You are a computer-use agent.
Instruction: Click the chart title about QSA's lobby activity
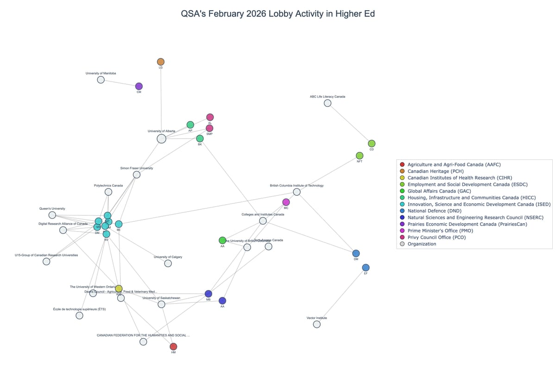[278, 14]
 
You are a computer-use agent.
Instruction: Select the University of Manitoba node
[101, 80]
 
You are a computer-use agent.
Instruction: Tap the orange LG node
[161, 62]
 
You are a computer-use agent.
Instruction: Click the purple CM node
[139, 87]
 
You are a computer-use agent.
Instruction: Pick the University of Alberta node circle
[161, 138]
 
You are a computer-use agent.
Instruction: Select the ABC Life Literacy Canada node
[328, 103]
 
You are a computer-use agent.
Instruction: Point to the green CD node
[372, 144]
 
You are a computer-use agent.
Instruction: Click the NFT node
[360, 156]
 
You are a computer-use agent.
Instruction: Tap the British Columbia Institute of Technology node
[297, 192]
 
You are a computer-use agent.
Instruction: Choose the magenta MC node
[286, 202]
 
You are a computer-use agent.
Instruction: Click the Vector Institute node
[317, 324]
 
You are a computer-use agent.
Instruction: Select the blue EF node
[366, 268]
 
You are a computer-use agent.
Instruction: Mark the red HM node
[173, 346]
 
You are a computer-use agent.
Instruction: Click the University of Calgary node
[168, 263]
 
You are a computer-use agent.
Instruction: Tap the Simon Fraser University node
[137, 175]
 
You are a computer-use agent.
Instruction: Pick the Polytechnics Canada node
[108, 192]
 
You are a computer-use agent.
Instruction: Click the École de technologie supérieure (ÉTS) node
[79, 315]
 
